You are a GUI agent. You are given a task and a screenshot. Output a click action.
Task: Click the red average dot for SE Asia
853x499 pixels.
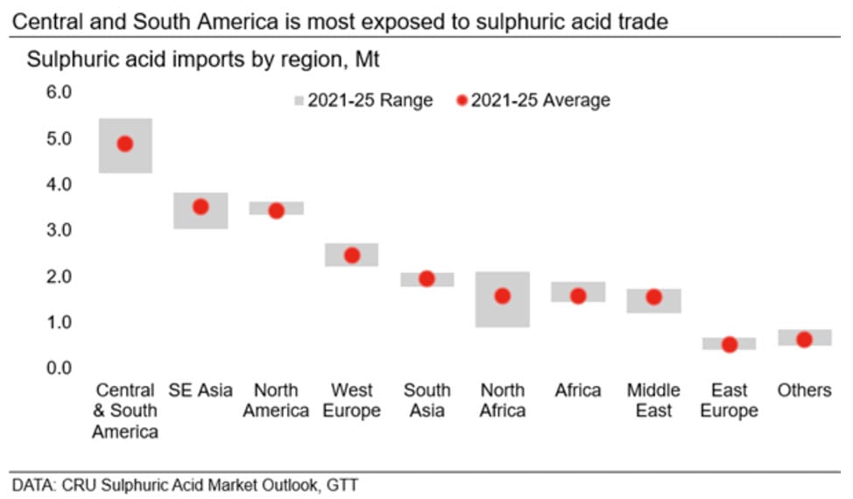pos(201,207)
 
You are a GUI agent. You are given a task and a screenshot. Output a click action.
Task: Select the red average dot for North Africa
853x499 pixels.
pos(502,296)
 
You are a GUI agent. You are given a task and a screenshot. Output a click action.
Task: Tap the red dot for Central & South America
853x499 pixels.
pos(125,144)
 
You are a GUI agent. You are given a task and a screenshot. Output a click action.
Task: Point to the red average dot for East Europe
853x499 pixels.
pos(729,345)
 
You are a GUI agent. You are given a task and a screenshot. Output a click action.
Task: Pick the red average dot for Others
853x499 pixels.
pos(804,340)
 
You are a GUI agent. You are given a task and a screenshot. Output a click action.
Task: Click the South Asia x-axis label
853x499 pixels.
pos(426,400)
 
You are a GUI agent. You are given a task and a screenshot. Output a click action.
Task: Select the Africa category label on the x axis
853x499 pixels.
pos(578,390)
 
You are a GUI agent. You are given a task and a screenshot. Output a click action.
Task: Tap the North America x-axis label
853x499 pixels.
pos(276,400)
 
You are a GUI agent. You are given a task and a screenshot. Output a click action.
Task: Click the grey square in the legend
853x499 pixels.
pos(296,101)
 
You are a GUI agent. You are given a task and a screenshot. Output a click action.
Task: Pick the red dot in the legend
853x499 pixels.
pos(461,101)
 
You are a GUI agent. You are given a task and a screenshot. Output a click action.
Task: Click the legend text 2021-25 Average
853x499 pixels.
pos(540,101)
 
